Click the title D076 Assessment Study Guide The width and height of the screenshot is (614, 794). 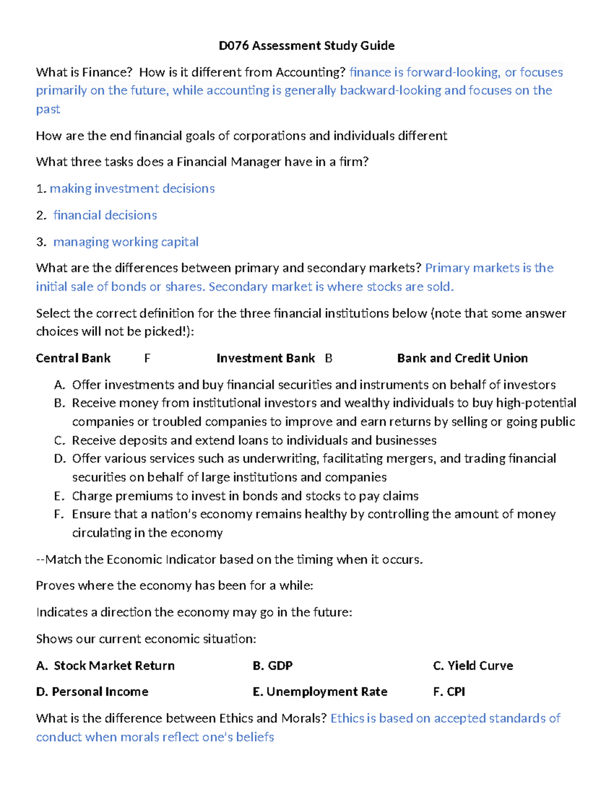click(306, 46)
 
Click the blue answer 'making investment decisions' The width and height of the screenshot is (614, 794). click(132, 189)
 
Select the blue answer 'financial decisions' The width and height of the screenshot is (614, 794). click(105, 215)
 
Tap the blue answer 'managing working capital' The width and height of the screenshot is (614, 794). click(126, 242)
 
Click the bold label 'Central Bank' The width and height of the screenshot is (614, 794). click(73, 358)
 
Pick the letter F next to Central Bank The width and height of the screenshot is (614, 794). click(147, 358)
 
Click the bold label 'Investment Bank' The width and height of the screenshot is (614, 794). click(266, 358)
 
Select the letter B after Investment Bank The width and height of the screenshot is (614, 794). click(328, 358)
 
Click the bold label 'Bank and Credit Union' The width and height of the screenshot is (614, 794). click(462, 358)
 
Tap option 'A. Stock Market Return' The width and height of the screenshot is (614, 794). click(105, 666)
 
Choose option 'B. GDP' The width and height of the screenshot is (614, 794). click(273, 666)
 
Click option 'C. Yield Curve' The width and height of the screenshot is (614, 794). click(473, 666)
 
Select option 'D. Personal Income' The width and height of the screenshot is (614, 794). click(92, 692)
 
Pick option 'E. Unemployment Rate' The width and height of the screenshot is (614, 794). click(320, 692)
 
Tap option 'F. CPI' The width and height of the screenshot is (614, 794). click(449, 692)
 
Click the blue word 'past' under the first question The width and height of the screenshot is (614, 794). click(48, 109)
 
